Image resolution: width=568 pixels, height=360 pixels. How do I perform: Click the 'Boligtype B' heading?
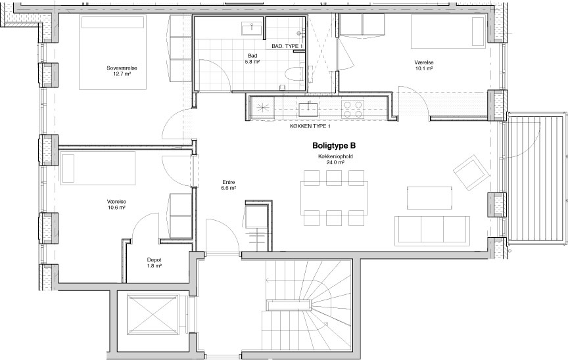pos(334,146)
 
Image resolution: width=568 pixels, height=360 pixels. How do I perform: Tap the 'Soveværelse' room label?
pos(122,68)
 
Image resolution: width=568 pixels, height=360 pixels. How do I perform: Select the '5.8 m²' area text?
pos(252,62)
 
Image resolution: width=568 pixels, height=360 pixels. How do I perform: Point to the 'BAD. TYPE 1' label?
pos(287,46)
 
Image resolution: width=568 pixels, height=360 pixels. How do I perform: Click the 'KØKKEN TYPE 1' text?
pos(310,126)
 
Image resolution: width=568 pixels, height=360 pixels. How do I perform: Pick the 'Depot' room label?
pos(154,259)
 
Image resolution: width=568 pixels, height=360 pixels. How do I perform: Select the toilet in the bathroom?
pos(295,74)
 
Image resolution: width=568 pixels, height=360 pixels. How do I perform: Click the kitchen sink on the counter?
pos(308,108)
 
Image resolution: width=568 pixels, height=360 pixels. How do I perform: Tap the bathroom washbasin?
pos(251,28)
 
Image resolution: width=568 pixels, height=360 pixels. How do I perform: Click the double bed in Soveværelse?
pos(113,52)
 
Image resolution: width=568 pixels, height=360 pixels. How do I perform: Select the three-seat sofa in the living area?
pos(432,231)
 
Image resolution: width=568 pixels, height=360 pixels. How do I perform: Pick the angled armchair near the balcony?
pos(471,172)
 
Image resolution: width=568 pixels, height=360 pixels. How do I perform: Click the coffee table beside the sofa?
pos(430,198)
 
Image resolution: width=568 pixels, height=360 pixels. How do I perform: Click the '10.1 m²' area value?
pos(425,68)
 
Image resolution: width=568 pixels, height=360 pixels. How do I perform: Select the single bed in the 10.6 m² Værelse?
pos(98,168)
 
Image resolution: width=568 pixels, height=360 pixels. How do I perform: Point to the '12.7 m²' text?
pos(122,74)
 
